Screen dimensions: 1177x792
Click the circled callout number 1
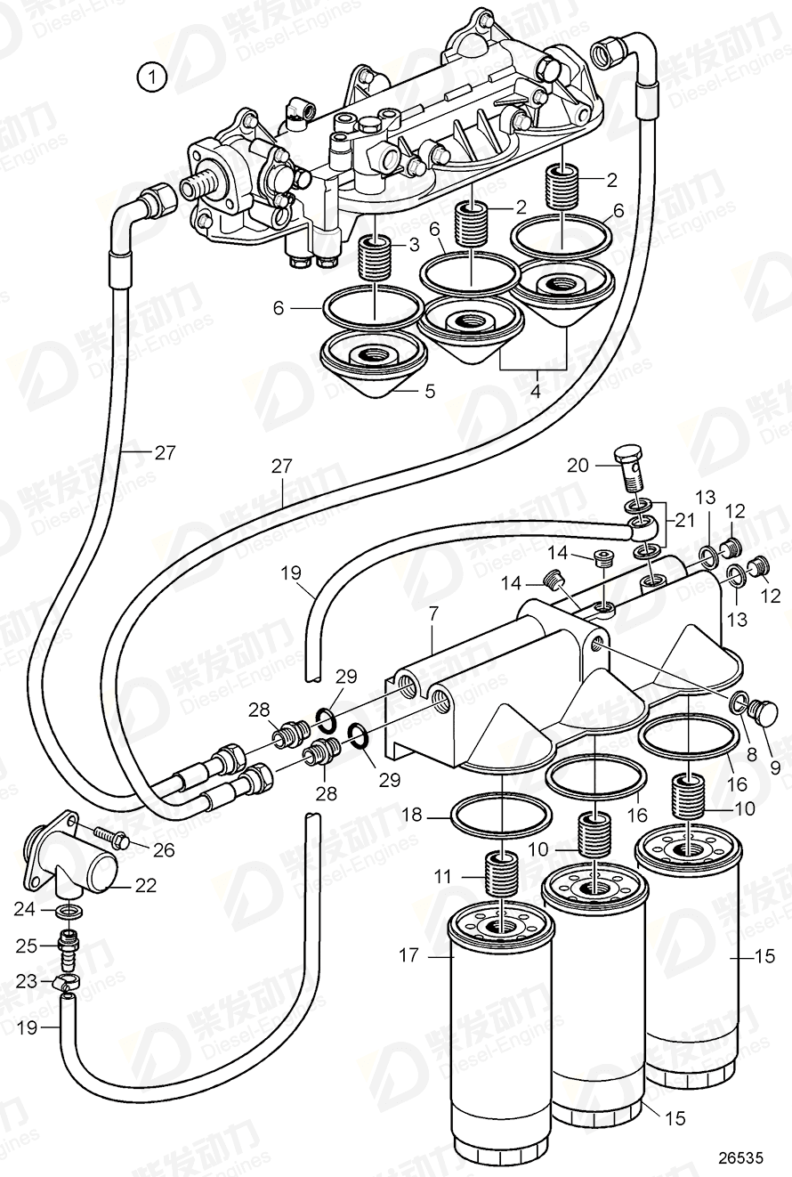(152, 77)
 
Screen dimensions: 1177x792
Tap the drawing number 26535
(741, 1157)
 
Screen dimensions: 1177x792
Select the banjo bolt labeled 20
(631, 468)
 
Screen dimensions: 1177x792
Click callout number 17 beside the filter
(408, 956)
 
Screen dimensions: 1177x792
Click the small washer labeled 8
(737, 705)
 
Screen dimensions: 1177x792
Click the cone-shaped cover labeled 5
(375, 364)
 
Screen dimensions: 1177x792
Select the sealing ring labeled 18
(503, 814)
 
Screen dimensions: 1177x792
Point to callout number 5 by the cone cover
(430, 390)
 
